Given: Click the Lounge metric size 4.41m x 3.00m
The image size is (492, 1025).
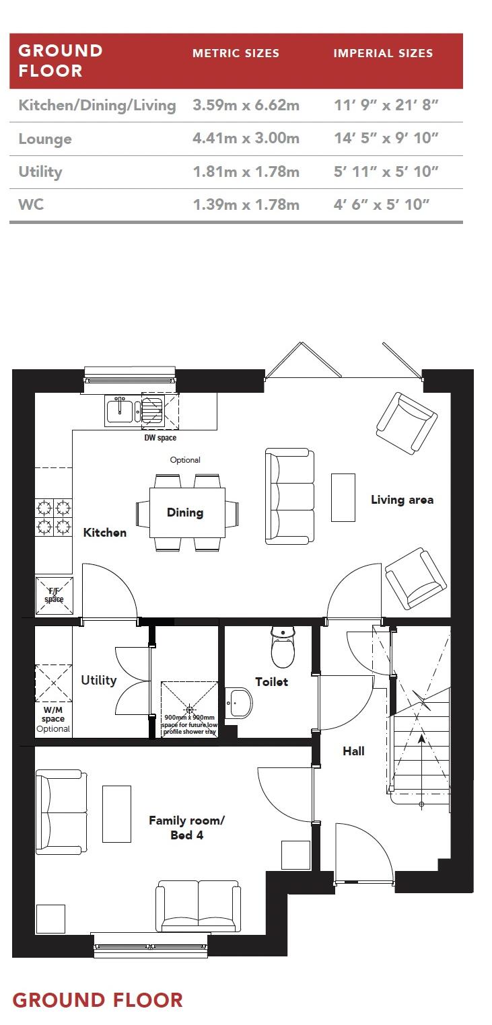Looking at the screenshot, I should pos(246,139).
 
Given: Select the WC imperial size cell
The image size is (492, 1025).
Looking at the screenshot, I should pos(386,204).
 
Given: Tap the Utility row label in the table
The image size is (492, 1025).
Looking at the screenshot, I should pos(40,172).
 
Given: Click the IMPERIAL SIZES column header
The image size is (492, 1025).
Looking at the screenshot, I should pos(383,53).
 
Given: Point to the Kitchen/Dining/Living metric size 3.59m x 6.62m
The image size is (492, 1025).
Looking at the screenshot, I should pos(246,106).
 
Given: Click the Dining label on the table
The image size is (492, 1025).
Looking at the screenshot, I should pos(185,512).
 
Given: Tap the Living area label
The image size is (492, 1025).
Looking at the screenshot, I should pos(402,500).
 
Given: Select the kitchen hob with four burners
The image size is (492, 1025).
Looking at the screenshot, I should pos(54,516).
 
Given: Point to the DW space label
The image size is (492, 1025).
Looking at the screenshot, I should pos(160,439).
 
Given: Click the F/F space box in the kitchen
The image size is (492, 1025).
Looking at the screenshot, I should pos(54,595).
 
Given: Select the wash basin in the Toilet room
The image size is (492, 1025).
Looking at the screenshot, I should pos(239,704).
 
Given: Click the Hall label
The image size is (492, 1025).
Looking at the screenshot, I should pos(353,751).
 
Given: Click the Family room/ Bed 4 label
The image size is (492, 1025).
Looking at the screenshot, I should pos(186,828).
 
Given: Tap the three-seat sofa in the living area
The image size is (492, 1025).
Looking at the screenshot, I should pos(290,496).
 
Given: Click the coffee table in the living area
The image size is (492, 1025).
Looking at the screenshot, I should pos(343,497).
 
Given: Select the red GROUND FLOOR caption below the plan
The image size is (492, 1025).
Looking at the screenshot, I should pos(98,1000).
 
